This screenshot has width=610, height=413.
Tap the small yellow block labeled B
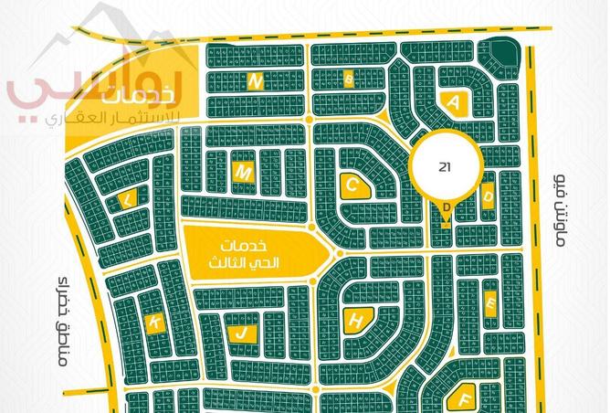(x=348, y=79)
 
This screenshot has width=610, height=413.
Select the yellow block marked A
(x=454, y=101)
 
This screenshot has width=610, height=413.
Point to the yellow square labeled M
(x=243, y=172)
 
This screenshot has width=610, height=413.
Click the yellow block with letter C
(x=353, y=185)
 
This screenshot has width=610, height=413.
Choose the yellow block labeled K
(x=156, y=322)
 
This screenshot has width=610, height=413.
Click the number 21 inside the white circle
(x=445, y=167)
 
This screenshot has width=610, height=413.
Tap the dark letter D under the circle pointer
(x=446, y=206)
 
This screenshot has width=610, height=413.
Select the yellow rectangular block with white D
(x=489, y=195)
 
